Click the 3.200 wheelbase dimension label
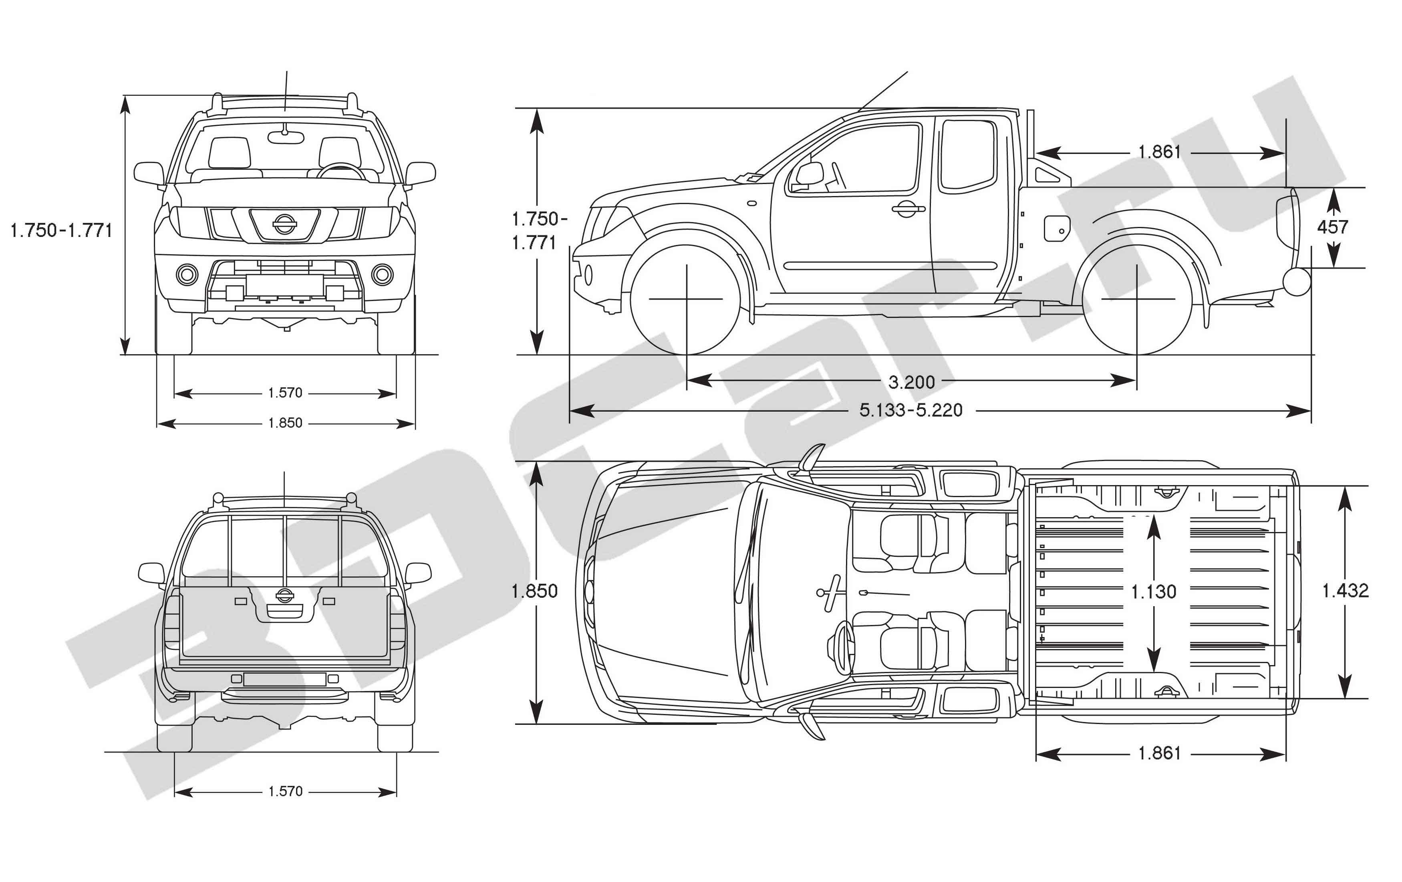[911, 382]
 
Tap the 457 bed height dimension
[1332, 227]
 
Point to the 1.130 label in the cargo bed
[1153, 592]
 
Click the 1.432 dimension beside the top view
[1345, 591]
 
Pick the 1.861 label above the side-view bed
[1159, 152]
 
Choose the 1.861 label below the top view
[1159, 753]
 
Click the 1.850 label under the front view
[285, 423]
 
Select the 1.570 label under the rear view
[285, 791]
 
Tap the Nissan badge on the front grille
[284, 224]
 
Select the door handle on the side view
[907, 208]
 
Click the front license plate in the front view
[285, 285]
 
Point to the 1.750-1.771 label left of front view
[61, 231]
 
